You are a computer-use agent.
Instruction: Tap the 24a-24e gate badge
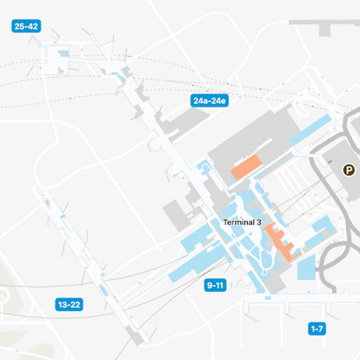[209, 101]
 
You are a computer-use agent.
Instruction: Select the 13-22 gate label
[69, 305]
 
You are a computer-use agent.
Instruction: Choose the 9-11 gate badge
[215, 286]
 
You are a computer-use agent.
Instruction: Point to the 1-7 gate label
[317, 328]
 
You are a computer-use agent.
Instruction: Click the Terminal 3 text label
[242, 222]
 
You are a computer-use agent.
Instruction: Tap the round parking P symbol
[350, 169]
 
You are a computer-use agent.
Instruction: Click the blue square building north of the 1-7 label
[307, 267]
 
